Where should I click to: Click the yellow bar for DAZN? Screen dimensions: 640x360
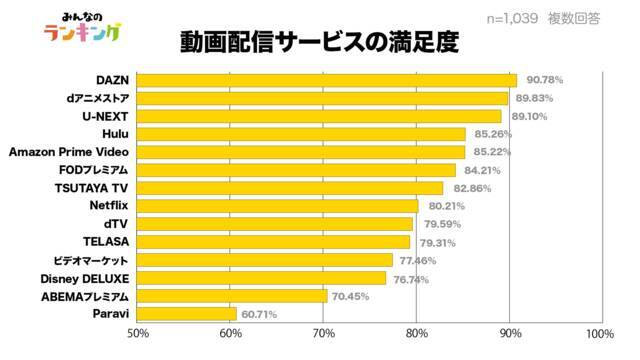[327, 80]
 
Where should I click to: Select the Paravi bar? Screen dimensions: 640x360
[187, 314]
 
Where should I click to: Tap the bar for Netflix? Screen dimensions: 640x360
[278, 206]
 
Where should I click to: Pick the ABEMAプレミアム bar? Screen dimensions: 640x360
[232, 296]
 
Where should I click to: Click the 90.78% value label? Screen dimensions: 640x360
[544, 80]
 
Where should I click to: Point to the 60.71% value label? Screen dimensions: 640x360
[259, 314]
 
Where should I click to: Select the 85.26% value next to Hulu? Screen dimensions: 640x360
[493, 134]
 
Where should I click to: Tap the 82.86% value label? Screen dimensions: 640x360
[472, 188]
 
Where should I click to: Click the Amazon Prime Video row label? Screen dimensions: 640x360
[69, 152]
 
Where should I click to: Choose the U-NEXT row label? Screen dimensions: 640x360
[105, 116]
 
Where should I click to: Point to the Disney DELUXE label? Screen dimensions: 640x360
[84, 279]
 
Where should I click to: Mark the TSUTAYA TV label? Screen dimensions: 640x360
[91, 188]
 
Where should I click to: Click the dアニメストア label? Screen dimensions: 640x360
[98, 98]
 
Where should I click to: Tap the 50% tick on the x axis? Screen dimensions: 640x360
[138, 333]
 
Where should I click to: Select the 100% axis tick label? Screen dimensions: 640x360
[600, 333]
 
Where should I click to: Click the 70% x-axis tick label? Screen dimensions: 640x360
[324, 333]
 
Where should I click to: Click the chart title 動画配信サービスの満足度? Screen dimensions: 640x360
[320, 42]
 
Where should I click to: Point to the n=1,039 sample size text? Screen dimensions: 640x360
[512, 18]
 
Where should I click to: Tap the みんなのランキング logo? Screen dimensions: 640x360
[83, 27]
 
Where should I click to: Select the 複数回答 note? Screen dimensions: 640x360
[574, 18]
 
